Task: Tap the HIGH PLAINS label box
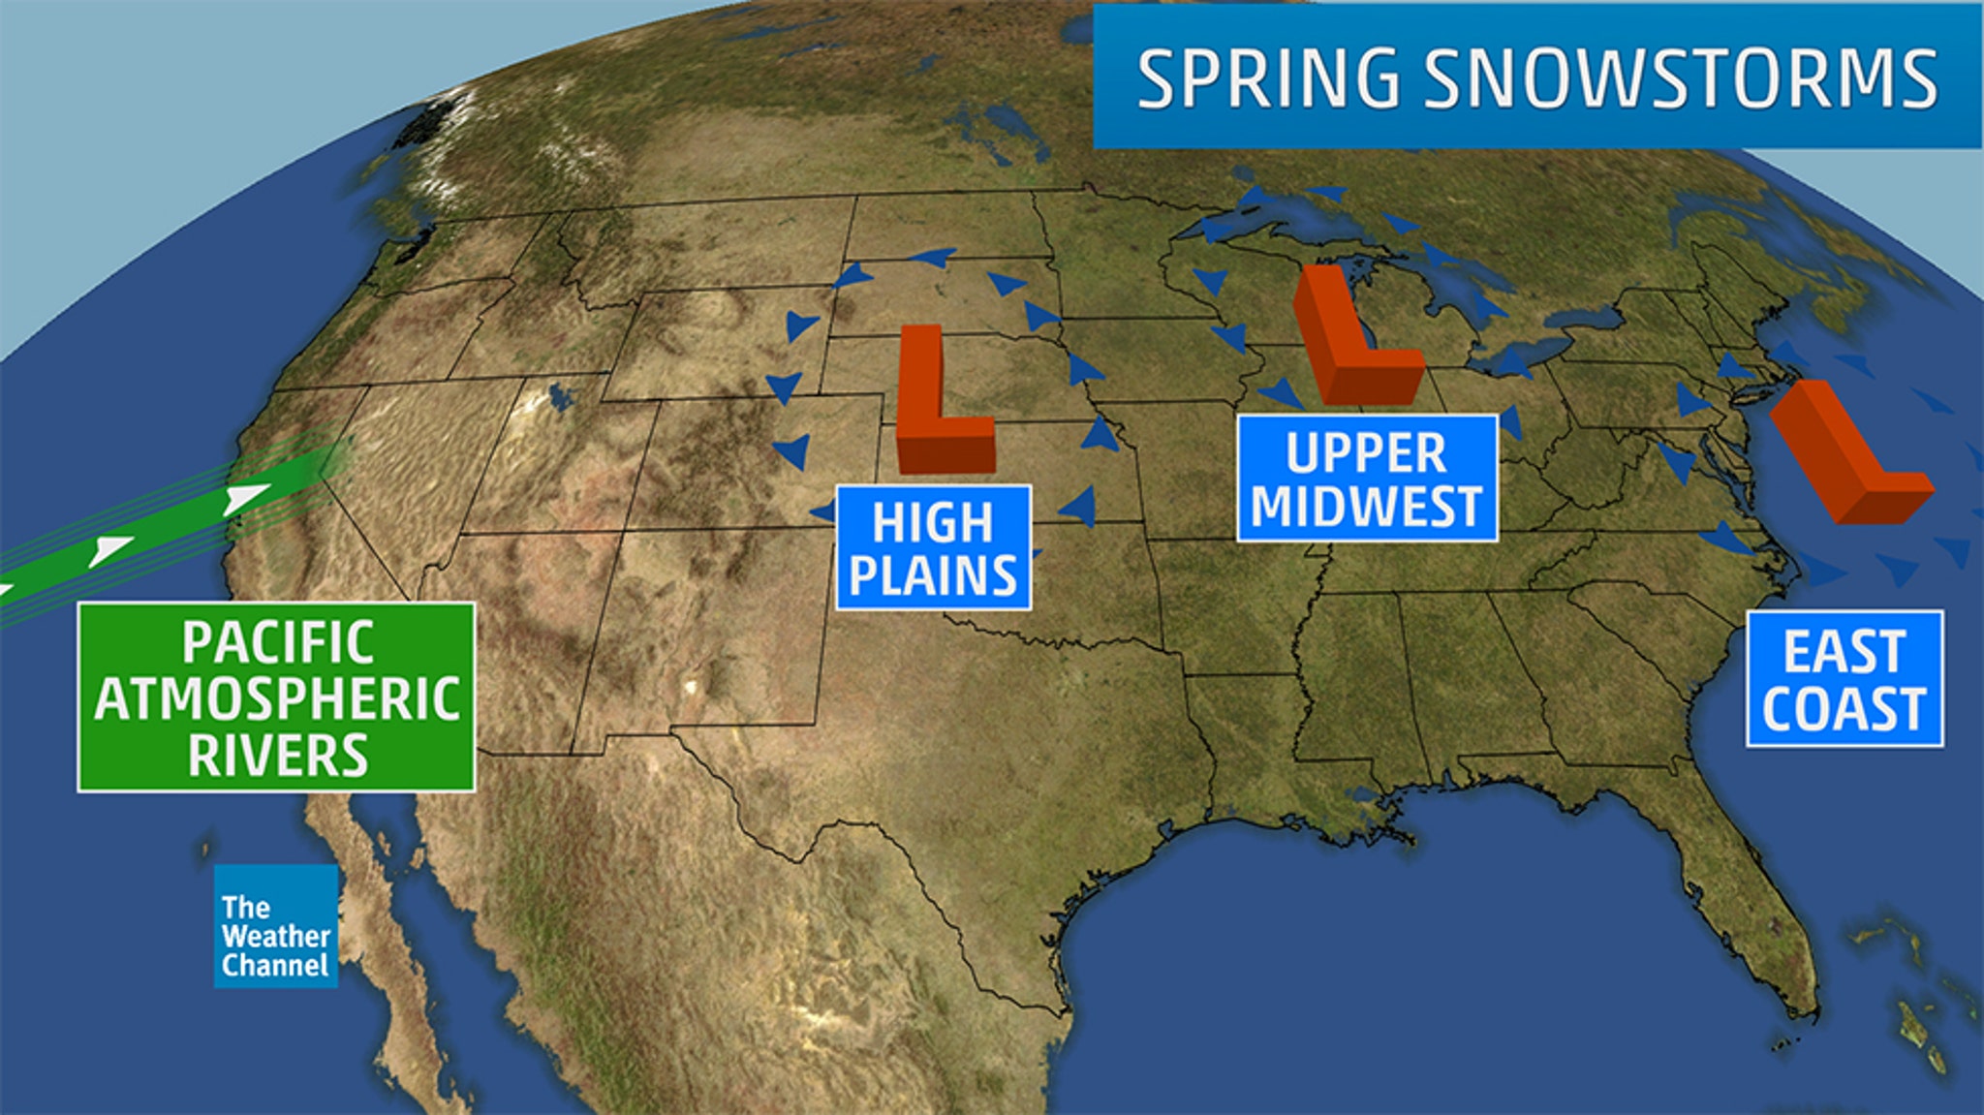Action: tap(933, 548)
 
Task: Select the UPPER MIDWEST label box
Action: tap(1367, 479)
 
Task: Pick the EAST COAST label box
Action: tap(1844, 679)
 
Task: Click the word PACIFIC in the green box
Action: tap(278, 642)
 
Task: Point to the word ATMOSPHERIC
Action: tap(277, 698)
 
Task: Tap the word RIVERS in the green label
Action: tap(278, 756)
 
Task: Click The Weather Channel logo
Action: tap(276, 926)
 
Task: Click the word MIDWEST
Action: tap(1367, 507)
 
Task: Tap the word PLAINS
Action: tap(933, 576)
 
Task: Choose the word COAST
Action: tap(1844, 709)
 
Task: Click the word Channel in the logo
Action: tap(275, 965)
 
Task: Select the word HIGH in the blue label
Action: tap(933, 523)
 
